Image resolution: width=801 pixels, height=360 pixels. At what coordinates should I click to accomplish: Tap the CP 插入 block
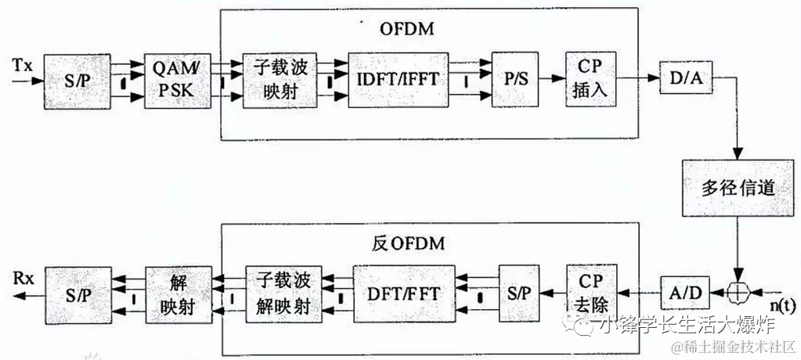point(590,79)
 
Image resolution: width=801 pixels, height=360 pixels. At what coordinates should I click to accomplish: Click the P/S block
point(514,80)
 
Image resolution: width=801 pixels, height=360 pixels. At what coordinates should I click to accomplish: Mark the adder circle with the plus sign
point(737,293)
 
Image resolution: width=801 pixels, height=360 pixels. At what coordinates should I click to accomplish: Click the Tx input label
point(23,64)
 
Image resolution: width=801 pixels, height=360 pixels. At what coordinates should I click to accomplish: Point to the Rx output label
point(23,278)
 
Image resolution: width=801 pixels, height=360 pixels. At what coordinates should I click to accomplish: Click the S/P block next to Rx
point(77,294)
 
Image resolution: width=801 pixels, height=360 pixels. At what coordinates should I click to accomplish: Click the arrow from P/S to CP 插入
point(552,79)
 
